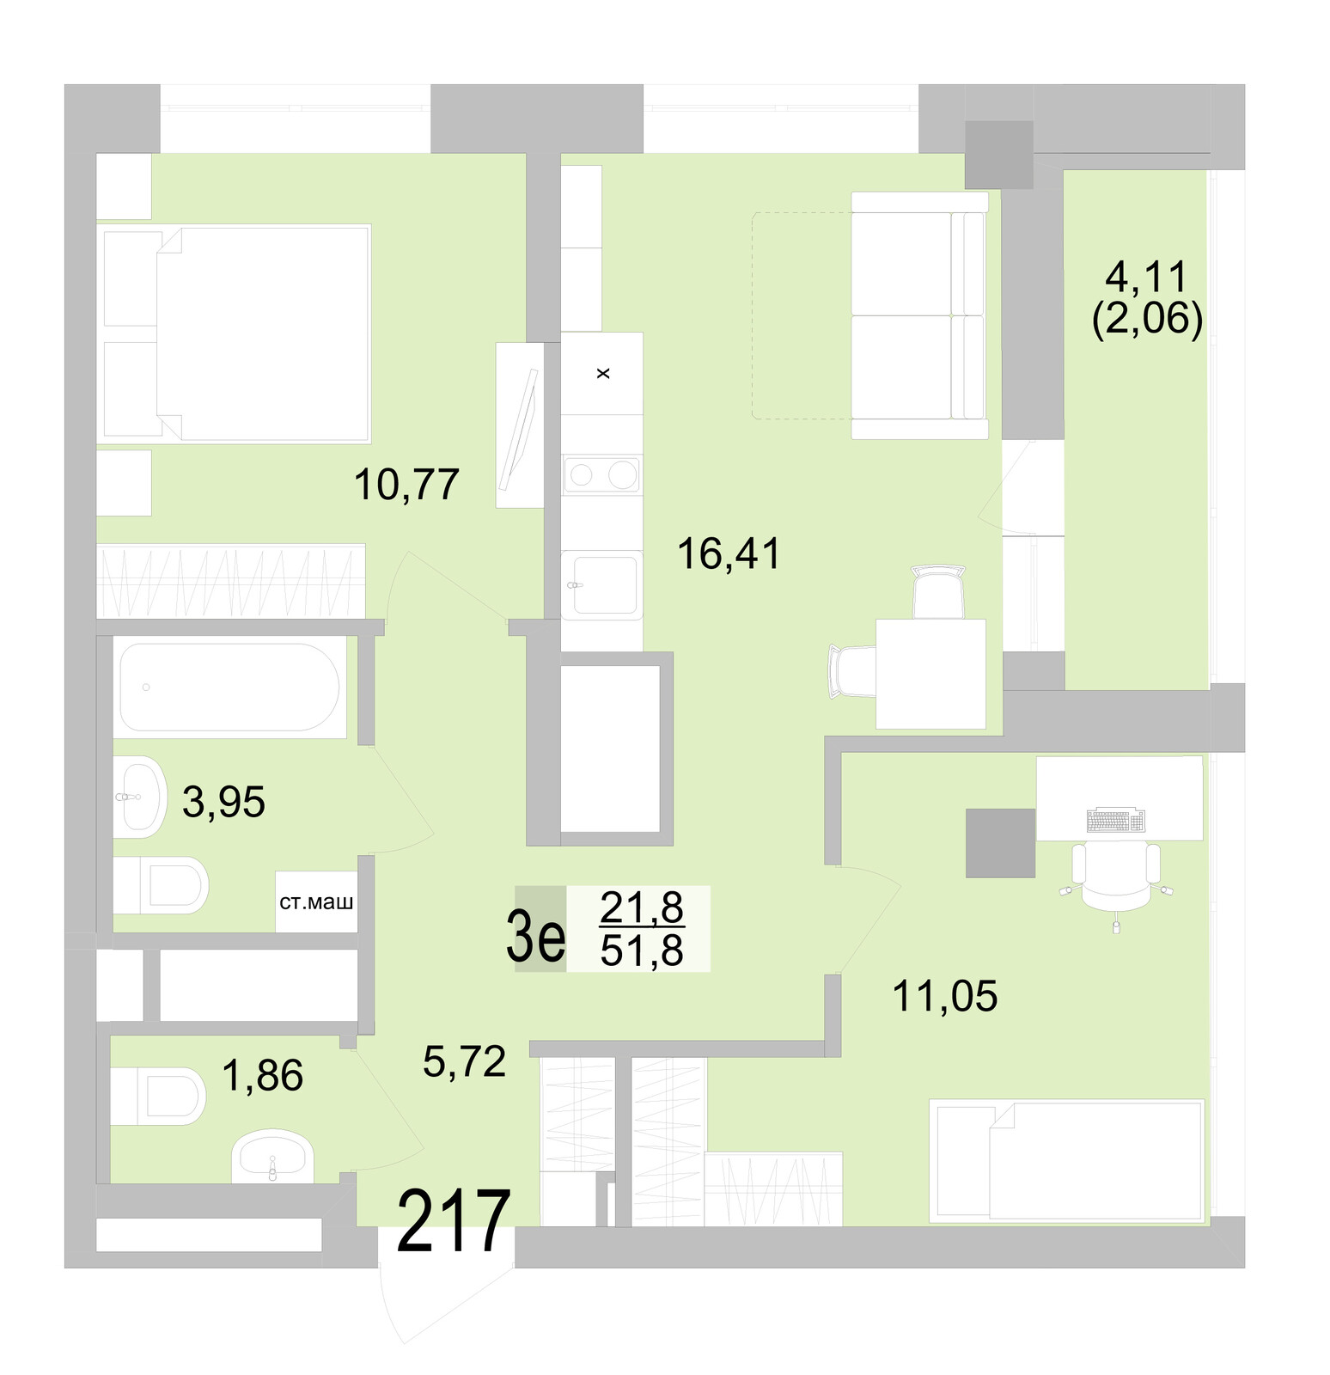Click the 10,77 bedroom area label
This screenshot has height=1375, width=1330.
(x=406, y=485)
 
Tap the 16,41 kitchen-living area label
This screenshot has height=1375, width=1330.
(x=729, y=553)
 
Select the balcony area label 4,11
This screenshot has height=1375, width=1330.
(x=1146, y=278)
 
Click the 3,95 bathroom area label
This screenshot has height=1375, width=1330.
(x=223, y=803)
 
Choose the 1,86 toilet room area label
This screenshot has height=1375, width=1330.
(x=262, y=1076)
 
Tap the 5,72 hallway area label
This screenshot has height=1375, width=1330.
(x=464, y=1062)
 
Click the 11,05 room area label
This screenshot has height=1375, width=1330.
(x=944, y=997)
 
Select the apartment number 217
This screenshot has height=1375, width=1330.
(x=453, y=1222)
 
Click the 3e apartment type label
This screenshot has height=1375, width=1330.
(x=536, y=938)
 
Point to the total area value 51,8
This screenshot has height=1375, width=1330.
(x=642, y=951)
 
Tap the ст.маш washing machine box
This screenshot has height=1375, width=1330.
(x=316, y=902)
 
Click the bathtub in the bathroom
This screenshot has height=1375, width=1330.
(x=229, y=687)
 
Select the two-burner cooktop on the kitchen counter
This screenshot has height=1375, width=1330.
(x=601, y=474)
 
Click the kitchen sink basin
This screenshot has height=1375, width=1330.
(x=605, y=584)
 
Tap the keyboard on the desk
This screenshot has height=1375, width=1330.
(x=1115, y=821)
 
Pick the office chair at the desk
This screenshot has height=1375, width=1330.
(x=1115, y=877)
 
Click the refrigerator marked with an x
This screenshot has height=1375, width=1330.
(x=601, y=373)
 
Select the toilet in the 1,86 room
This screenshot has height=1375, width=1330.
(x=159, y=1096)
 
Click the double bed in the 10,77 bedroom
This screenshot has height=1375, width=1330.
(x=262, y=333)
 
